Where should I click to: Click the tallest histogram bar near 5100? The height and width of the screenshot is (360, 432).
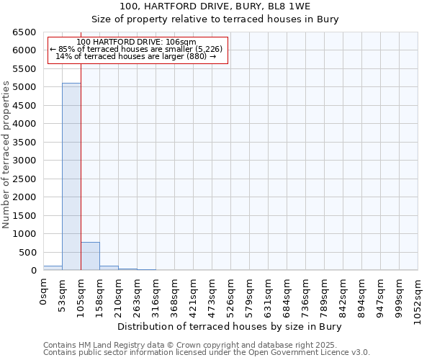[71, 176]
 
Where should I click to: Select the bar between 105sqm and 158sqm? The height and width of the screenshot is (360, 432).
[90, 256]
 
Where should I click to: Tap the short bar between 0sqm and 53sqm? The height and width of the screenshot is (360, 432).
[53, 268]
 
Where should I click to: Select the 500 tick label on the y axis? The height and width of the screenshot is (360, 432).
[28, 253]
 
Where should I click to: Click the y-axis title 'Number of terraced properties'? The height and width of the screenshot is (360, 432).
[6, 155]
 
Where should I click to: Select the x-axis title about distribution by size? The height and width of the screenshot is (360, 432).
[229, 327]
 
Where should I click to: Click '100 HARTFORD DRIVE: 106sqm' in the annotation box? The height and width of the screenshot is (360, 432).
[135, 42]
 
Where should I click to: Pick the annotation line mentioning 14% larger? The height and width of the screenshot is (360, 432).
[135, 56]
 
